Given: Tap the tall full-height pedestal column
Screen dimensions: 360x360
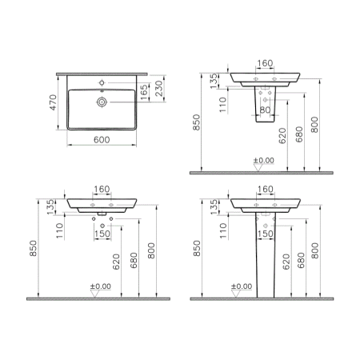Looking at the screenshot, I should (266, 252).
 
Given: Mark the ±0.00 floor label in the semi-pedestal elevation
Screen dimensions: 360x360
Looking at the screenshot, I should (263, 161).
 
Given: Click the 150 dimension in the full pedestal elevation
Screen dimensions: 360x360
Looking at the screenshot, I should (266, 234).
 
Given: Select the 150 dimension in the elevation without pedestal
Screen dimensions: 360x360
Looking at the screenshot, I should (102, 234).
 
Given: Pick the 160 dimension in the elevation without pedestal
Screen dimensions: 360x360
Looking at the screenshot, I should (102, 190).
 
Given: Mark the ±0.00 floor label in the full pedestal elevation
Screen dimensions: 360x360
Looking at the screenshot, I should (241, 286).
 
